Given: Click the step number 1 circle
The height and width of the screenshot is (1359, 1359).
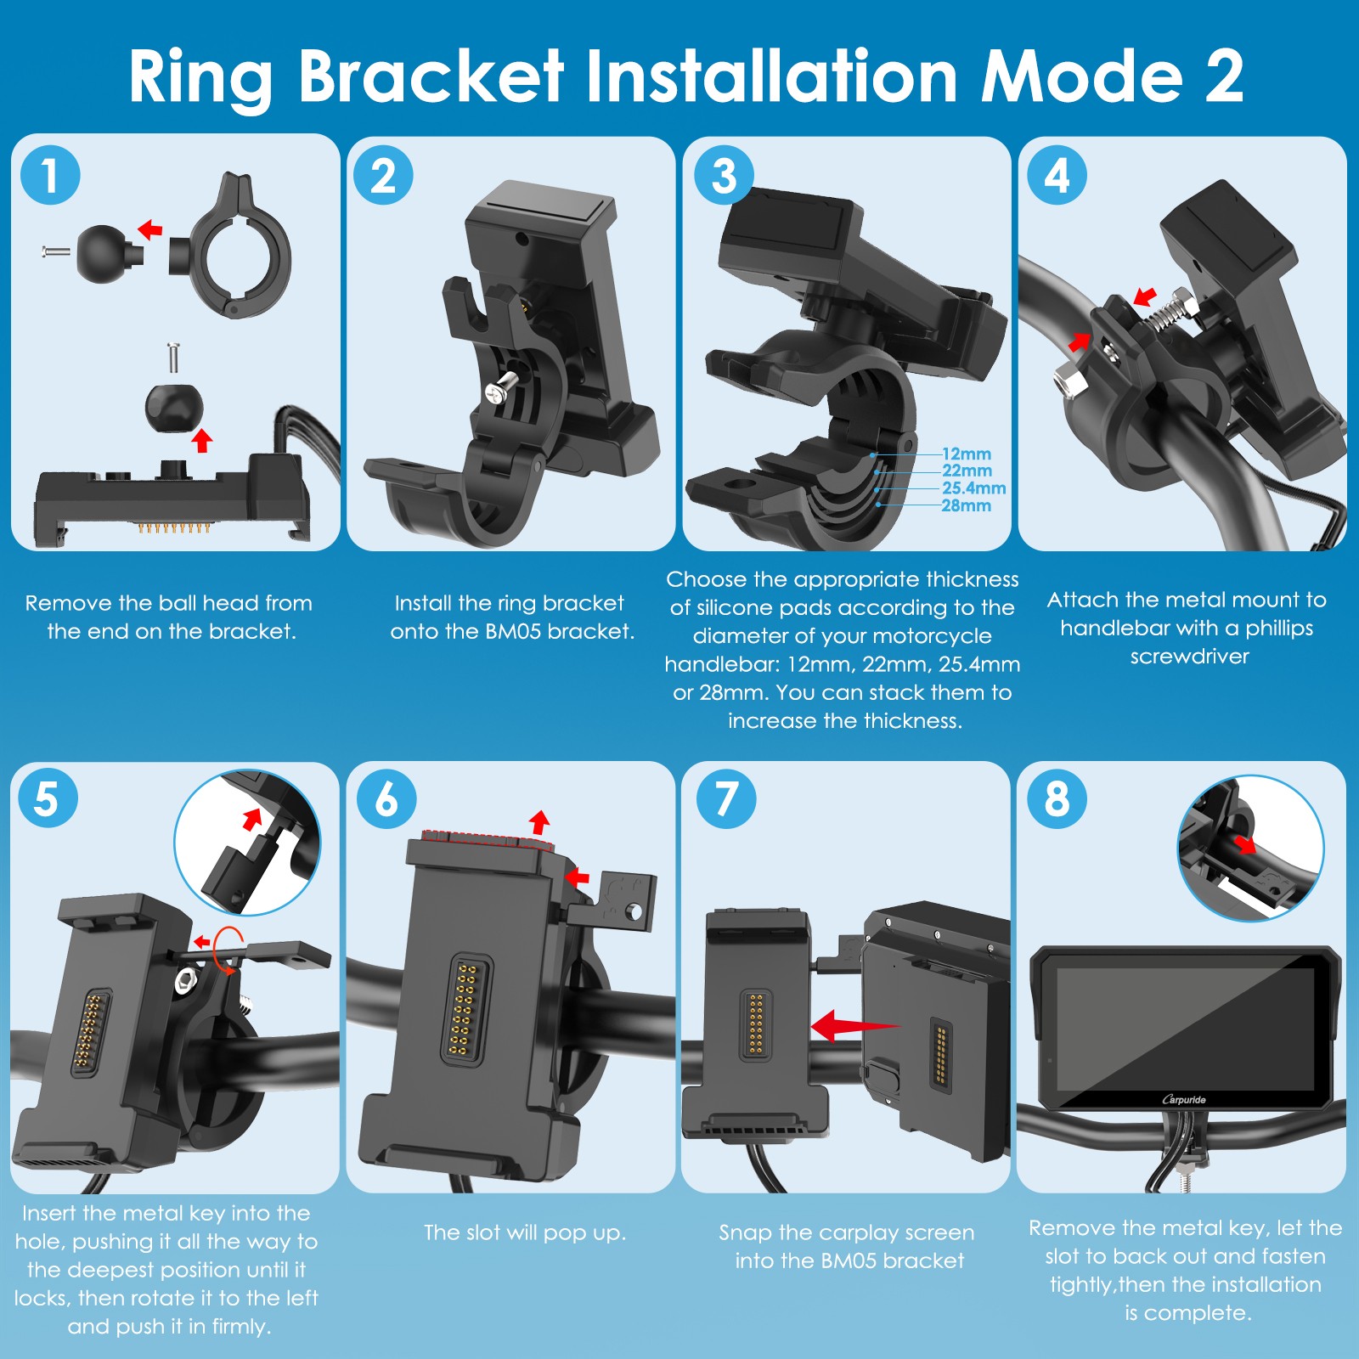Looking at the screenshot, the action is pos(50,175).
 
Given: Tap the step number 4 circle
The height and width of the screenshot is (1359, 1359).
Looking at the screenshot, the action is pos(1057,175).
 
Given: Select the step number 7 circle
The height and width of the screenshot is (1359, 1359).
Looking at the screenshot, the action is pos(725,798).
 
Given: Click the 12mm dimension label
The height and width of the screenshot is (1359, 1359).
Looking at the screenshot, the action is pos(966,454).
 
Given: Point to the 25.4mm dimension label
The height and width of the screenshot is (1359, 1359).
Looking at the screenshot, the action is pos(973,488).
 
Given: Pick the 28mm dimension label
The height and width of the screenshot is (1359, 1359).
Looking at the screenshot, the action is pos(966,505).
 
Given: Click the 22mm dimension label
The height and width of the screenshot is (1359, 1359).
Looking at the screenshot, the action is pos(967,471).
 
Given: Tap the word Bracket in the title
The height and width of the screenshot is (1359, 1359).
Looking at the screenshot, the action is pos(431,76).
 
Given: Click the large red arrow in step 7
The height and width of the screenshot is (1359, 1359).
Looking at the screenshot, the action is pos(854,1025).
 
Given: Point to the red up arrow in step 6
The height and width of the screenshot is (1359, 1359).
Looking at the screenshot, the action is pos(539,822).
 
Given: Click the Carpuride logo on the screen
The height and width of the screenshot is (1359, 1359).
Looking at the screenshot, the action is pos(1184,1099).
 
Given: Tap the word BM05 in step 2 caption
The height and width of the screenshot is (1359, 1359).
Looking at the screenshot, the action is pos(513,631).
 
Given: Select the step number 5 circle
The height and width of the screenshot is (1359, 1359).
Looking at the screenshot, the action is pos(47,798).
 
